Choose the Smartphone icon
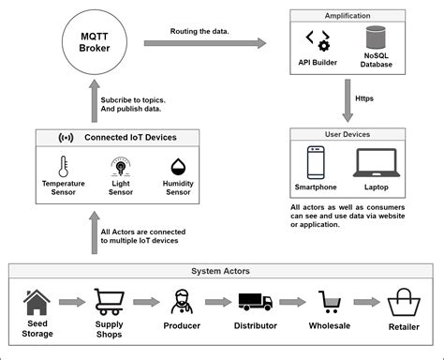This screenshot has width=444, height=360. tap(317, 161)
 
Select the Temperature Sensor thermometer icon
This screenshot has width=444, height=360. tap(63, 168)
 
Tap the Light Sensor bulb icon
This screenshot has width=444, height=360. tap(119, 168)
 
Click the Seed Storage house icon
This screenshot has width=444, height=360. tap(37, 303)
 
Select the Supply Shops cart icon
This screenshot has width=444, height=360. tap(110, 303)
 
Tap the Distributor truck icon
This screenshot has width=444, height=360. tap(256, 303)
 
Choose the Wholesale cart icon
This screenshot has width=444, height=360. tap(330, 302)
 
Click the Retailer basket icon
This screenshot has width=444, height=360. tap(404, 302)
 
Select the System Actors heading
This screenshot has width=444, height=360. tap(222, 272)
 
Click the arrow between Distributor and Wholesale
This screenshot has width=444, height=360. tap(294, 303)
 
